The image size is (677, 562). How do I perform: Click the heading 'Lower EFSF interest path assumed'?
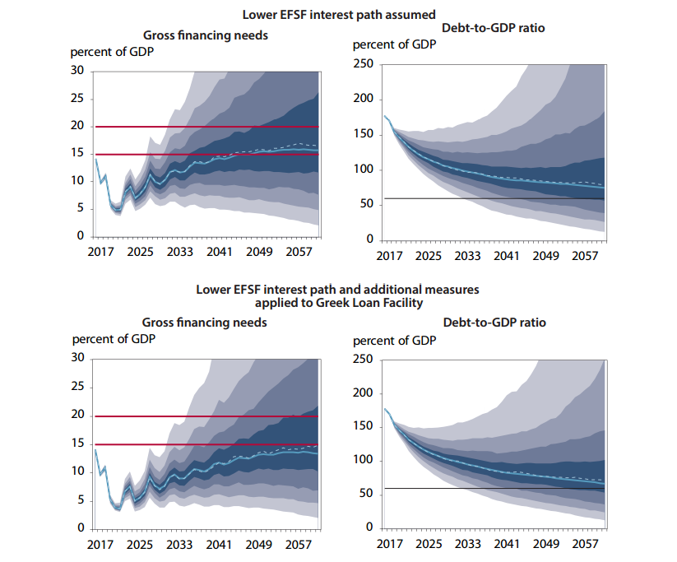pyautogui.click(x=337, y=14)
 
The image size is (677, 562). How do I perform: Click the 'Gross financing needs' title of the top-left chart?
pyautogui.click(x=206, y=35)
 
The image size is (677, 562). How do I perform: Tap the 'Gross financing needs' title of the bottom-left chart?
pyautogui.click(x=205, y=323)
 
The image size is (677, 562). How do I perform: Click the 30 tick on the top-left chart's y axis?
pyautogui.click(x=77, y=71)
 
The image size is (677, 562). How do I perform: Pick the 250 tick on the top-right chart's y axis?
pyautogui.click(x=364, y=64)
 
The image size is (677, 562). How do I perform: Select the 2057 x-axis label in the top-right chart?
pyautogui.click(x=586, y=256)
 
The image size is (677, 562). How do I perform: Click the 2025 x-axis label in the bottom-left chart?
pyautogui.click(x=139, y=545)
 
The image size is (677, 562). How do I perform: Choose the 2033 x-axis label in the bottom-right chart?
pyautogui.click(x=468, y=545)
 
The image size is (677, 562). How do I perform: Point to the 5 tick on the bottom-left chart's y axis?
pyautogui.click(x=81, y=499)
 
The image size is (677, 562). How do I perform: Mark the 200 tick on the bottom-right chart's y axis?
pyautogui.click(x=364, y=392)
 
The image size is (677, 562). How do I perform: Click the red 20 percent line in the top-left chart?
pyautogui.click(x=206, y=127)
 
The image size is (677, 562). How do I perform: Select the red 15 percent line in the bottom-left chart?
pyautogui.click(x=206, y=444)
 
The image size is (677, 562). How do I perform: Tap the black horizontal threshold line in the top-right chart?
pyautogui.click(x=494, y=198)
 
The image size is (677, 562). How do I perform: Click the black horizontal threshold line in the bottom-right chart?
pyautogui.click(x=494, y=489)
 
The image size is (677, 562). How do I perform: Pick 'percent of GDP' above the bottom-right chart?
pyautogui.click(x=394, y=340)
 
